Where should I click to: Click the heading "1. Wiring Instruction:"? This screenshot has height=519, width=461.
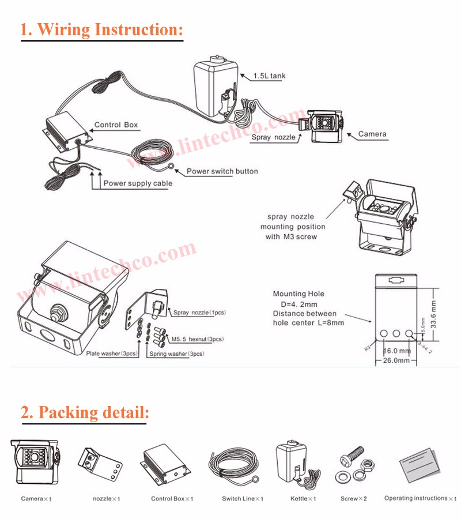click(101, 29)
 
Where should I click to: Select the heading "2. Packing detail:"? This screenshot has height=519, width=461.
click(85, 412)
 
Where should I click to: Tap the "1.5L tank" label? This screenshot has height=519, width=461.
click(269, 76)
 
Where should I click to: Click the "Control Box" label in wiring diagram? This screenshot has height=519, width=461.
click(116, 125)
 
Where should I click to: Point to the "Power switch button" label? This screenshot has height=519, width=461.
click(222, 171)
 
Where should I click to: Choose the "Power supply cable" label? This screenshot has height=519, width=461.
click(137, 183)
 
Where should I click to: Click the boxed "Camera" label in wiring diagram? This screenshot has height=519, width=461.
click(372, 134)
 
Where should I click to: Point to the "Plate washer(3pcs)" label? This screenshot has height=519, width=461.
click(112, 353)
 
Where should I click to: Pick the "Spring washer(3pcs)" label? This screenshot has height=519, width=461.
click(176, 353)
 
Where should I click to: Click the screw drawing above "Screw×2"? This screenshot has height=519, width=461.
click(353, 460)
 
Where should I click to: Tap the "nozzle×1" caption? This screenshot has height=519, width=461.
click(107, 498)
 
